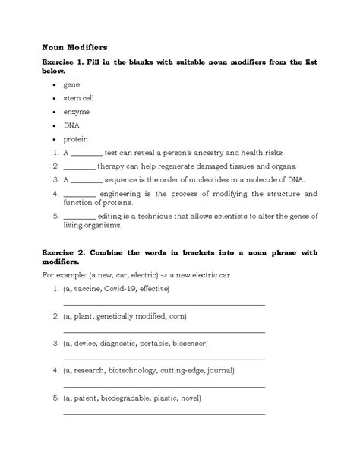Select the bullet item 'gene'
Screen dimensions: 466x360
(x=71, y=84)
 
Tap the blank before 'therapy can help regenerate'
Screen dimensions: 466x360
(x=79, y=166)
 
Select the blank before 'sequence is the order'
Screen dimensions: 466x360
(x=86, y=180)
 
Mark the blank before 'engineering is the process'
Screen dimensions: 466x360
(x=79, y=195)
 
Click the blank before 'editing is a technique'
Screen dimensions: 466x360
(x=79, y=217)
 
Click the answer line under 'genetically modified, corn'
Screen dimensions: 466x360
(x=163, y=332)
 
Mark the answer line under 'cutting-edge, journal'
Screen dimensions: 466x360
(x=163, y=386)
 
